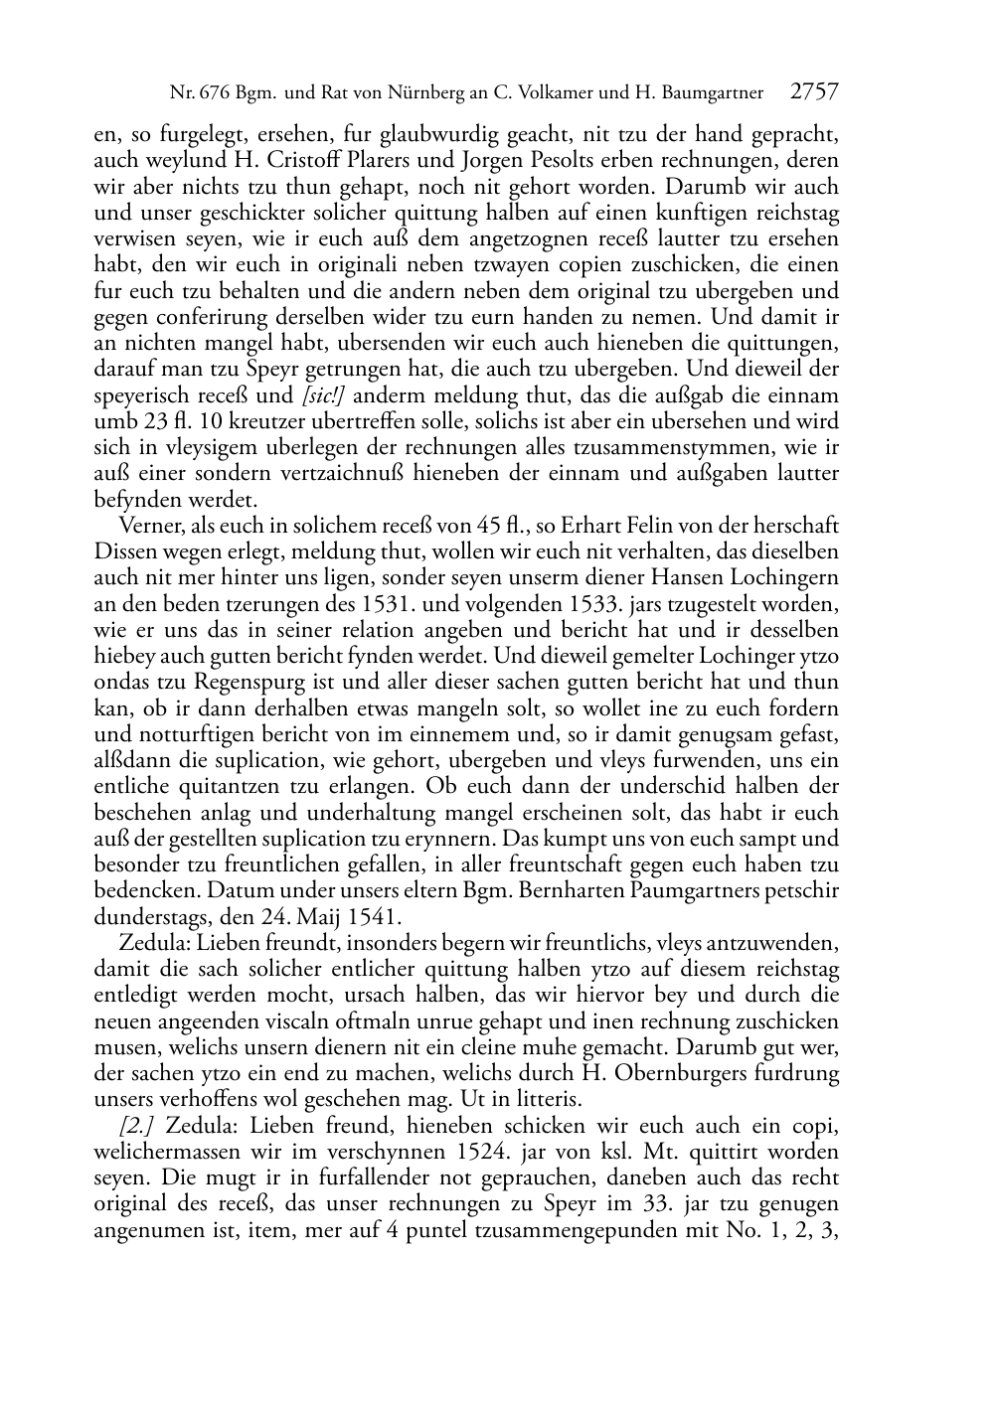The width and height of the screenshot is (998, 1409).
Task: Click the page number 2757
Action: [x=814, y=93]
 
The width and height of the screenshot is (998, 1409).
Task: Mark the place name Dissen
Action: [x=124, y=551]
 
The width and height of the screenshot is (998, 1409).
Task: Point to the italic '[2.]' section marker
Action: [x=139, y=1126]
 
